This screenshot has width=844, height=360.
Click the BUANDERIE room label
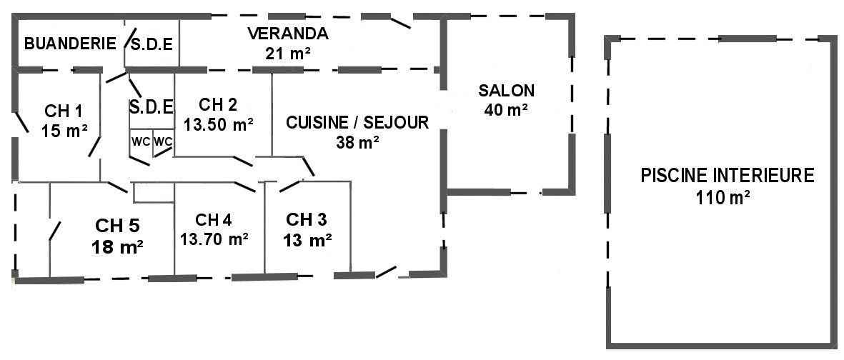[70, 44]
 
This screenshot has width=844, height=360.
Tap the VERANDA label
[287, 34]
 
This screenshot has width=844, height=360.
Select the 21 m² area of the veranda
[288, 53]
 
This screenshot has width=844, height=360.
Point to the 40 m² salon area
[506, 110]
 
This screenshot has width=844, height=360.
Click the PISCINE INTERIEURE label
[728, 176]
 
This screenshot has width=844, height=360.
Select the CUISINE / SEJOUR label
[357, 123]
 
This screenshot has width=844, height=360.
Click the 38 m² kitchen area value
[357, 142]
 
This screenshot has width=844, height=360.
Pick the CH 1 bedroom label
[64, 111]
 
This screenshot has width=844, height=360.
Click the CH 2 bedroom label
[218, 104]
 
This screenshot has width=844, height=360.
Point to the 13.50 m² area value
[219, 124]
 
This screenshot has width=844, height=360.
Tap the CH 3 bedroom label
[307, 219]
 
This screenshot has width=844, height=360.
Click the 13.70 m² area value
[214, 239]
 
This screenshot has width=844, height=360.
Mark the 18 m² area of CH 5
[117, 247]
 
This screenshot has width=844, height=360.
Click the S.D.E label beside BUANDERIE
[152, 44]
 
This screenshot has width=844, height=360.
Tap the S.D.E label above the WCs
[152, 107]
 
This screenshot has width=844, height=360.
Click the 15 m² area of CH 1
[64, 131]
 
